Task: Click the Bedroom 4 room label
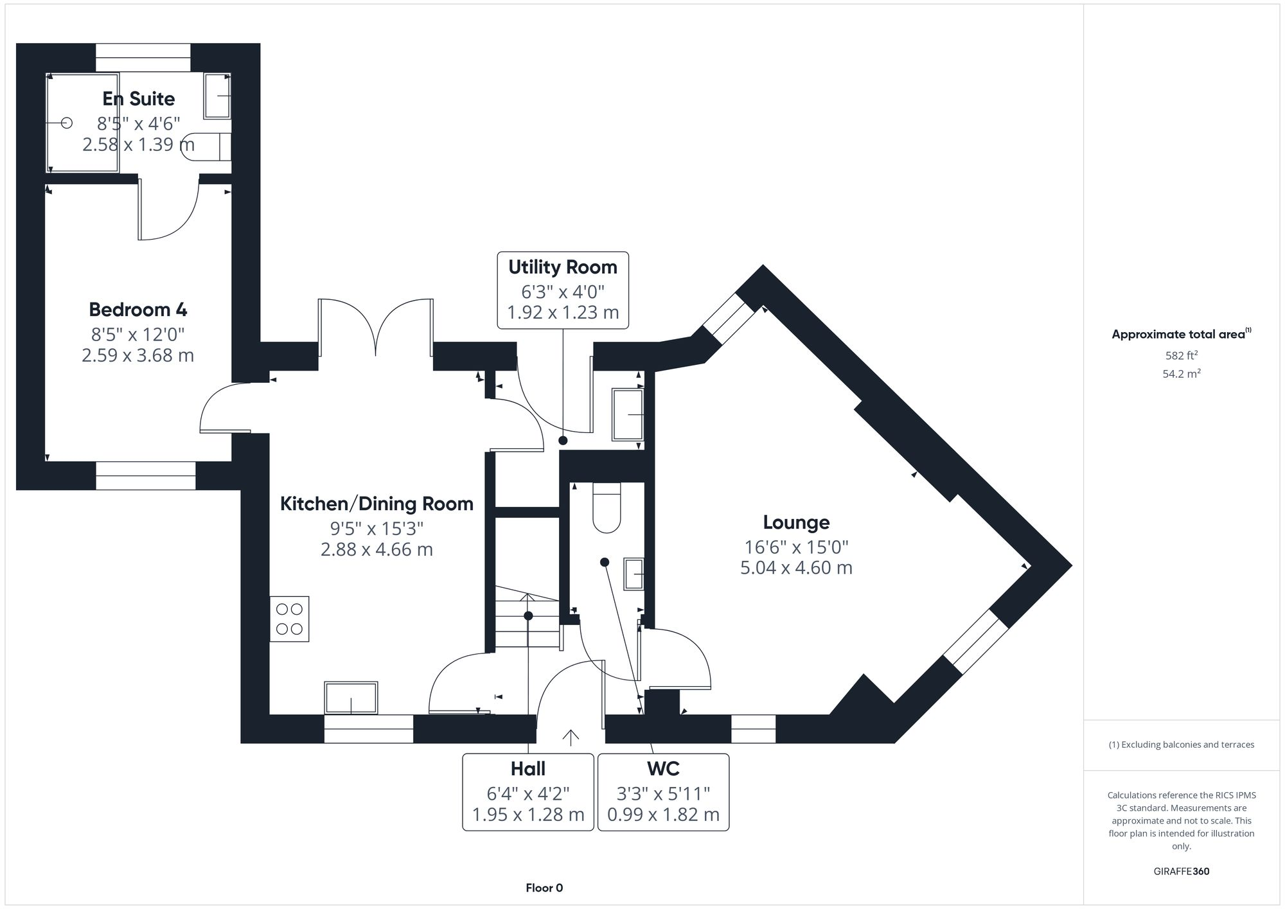[137, 310]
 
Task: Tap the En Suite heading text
[138, 98]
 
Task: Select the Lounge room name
[796, 522]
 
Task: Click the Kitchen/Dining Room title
[377, 504]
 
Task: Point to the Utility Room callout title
[562, 267]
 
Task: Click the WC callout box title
[663, 769]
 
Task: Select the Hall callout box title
[527, 769]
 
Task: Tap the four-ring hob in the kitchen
[289, 619]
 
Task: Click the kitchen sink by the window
[351, 698]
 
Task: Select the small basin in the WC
[634, 574]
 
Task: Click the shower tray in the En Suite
[83, 123]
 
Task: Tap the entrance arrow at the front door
[570, 737]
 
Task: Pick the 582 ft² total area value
[1181, 355]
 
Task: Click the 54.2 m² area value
[1181, 374]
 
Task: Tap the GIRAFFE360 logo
[1181, 872]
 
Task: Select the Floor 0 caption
[544, 888]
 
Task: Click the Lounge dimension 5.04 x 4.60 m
[796, 568]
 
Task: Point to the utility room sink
[627, 414]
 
